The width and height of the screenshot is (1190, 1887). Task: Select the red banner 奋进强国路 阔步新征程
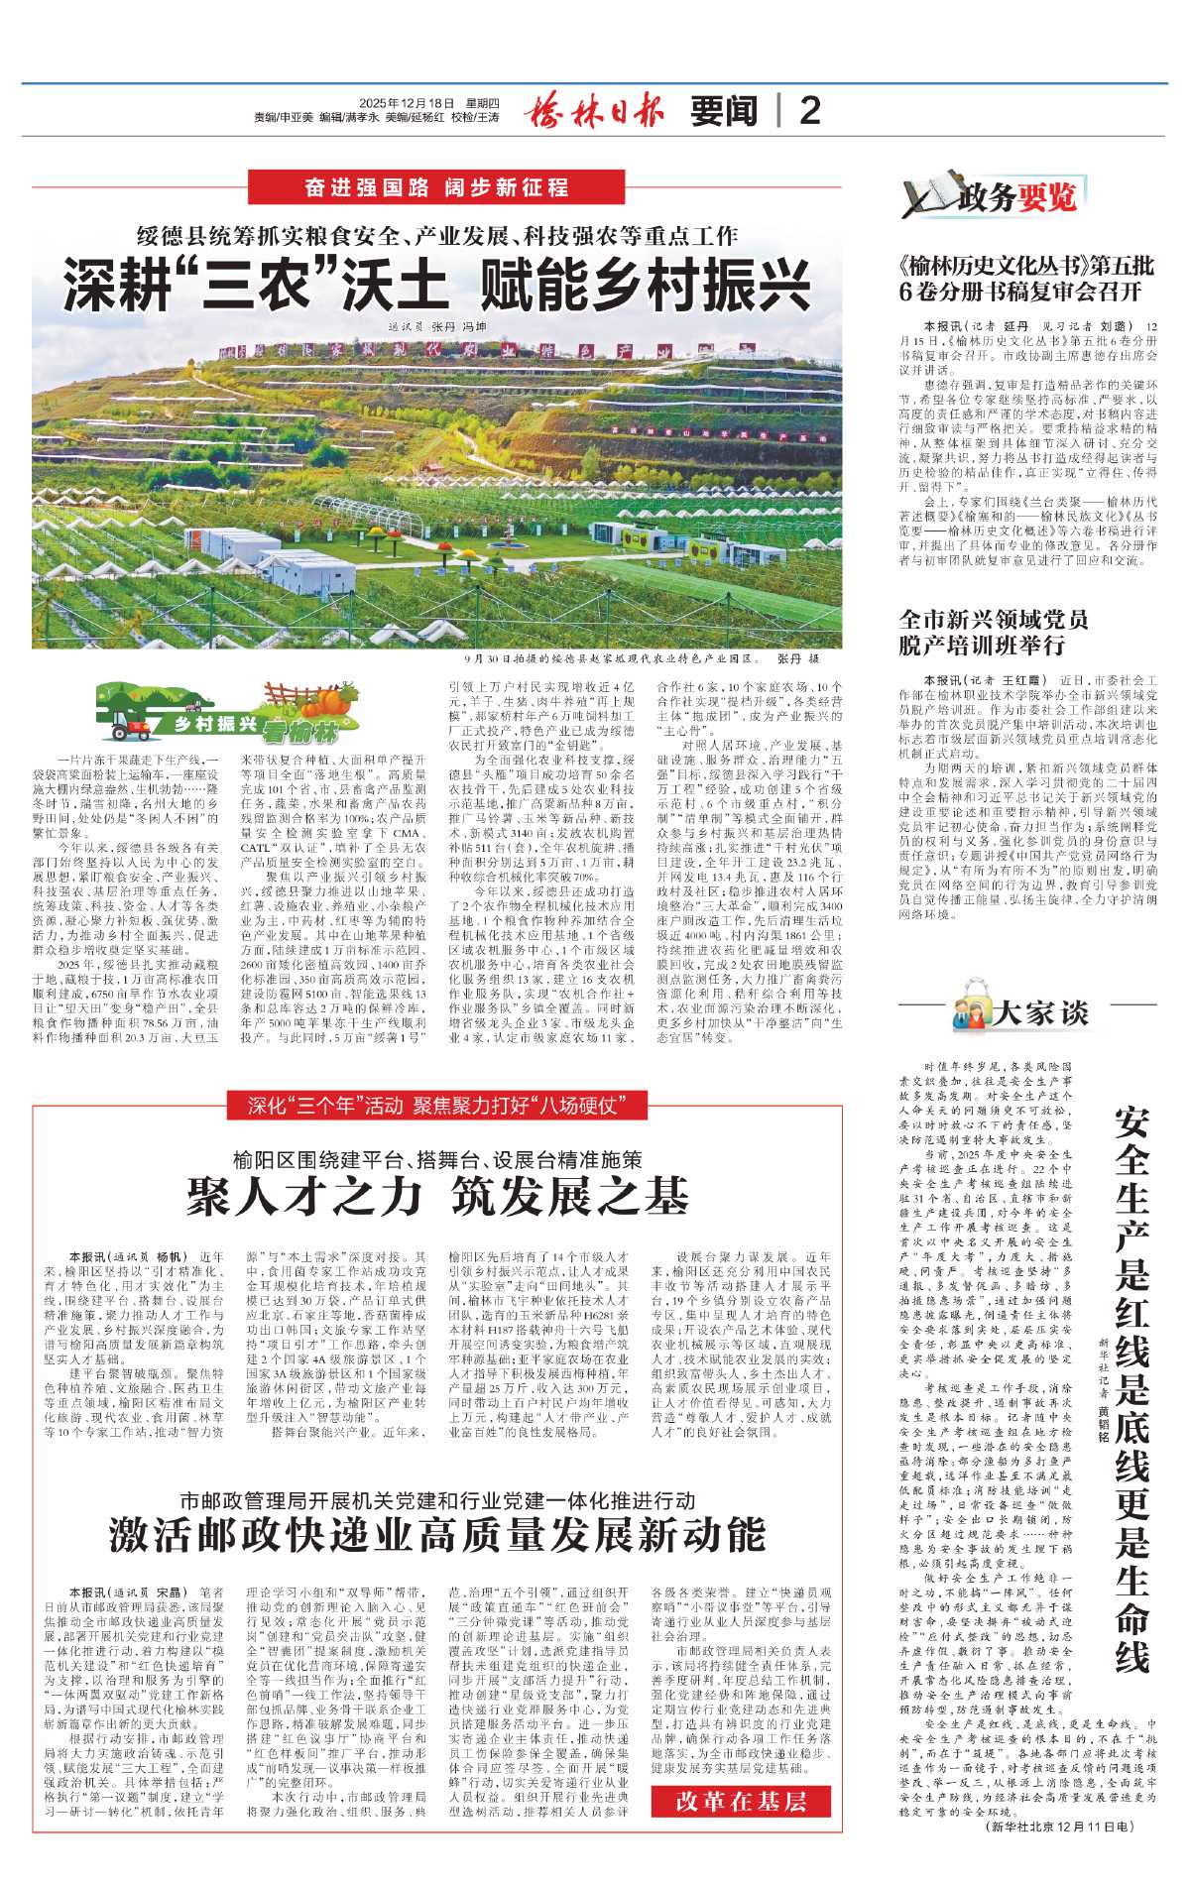437,187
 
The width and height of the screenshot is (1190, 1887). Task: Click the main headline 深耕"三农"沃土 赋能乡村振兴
437,285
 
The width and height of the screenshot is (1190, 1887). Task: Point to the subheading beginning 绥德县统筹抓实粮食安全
437,236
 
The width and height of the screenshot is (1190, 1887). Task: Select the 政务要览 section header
992,198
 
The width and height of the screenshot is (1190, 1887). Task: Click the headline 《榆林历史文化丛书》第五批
1025,279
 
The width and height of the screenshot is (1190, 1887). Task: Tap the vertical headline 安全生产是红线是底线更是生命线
1131,1379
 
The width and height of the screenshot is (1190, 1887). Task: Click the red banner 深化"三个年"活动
437,1106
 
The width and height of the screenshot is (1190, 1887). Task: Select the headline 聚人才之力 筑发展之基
437,1197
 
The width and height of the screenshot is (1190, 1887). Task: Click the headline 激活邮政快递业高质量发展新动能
437,1535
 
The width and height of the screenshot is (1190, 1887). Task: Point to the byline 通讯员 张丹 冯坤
437,326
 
